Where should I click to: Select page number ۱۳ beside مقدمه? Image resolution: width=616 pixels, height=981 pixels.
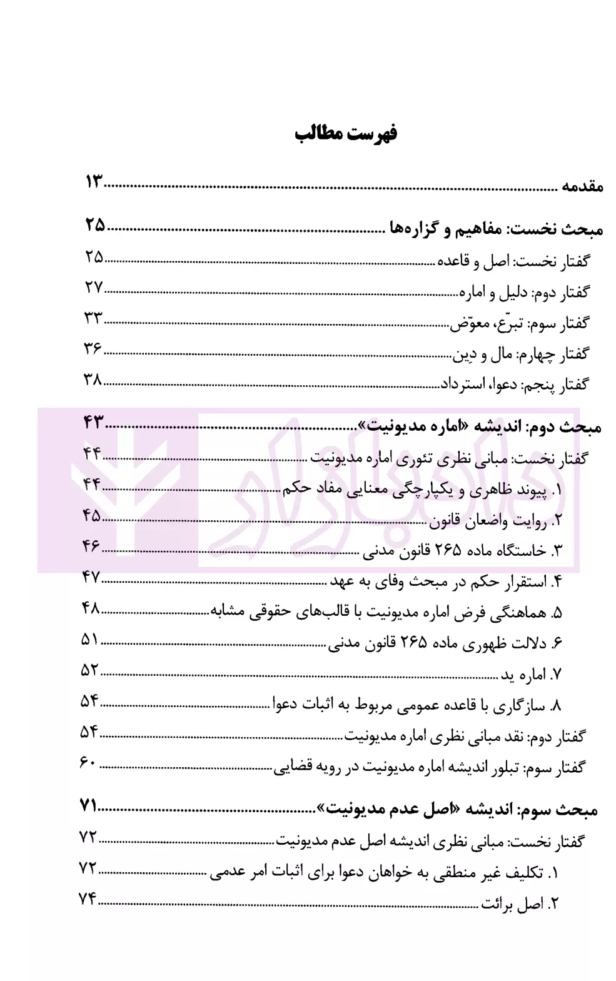[95, 183]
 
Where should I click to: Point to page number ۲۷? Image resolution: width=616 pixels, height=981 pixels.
[94, 288]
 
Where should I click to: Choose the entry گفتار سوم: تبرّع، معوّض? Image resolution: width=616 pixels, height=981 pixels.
[519, 323]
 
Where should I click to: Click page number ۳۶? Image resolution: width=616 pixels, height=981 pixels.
[93, 348]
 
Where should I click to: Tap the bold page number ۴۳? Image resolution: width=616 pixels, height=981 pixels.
[93, 423]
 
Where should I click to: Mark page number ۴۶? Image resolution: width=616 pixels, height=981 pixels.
[91, 546]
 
